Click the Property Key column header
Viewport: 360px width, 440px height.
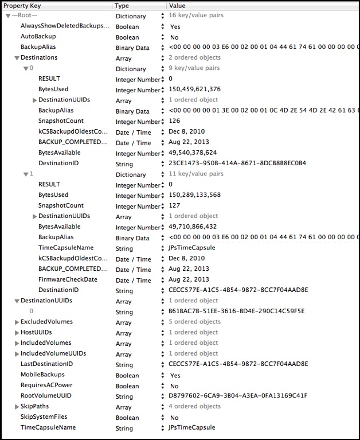(23, 5)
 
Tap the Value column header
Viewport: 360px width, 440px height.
(177, 5)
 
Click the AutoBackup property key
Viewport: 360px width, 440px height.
(38, 36)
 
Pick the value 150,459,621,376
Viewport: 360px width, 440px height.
(195, 89)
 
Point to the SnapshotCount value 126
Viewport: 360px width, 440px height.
(175, 122)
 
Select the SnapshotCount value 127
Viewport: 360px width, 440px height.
(175, 206)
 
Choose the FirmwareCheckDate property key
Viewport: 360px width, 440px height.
(68, 279)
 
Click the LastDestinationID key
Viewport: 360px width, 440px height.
(46, 364)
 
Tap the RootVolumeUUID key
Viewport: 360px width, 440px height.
(46, 396)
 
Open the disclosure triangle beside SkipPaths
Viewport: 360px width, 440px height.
(16, 407)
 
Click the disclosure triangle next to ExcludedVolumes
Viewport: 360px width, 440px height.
(16, 322)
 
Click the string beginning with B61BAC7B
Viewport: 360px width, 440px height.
(237, 311)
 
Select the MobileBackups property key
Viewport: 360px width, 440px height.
(44, 375)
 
